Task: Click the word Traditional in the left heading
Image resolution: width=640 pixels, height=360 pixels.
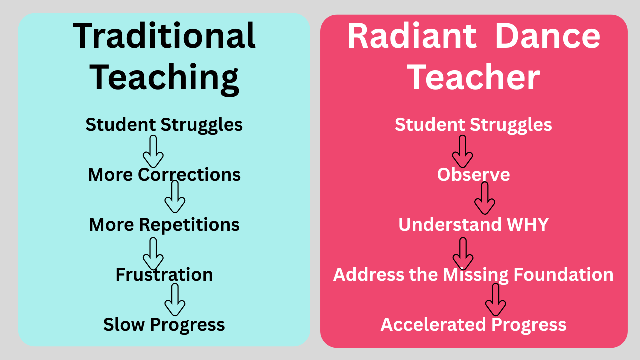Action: click(x=164, y=36)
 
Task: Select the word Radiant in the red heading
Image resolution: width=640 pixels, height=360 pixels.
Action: click(x=412, y=36)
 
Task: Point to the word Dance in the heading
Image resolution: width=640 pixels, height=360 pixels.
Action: click(x=547, y=36)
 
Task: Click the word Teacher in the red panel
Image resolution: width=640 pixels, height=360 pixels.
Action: click(x=473, y=77)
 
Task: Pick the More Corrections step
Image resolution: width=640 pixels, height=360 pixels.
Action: click(x=164, y=174)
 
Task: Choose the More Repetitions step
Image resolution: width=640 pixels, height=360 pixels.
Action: click(x=164, y=225)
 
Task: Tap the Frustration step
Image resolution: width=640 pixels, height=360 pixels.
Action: click(x=164, y=275)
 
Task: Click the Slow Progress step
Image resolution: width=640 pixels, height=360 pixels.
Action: click(x=164, y=325)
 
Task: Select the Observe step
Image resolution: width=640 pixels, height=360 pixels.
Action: click(x=473, y=174)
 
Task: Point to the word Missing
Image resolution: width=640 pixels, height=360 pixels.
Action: click(x=476, y=275)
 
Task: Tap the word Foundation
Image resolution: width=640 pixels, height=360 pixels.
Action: click(x=563, y=275)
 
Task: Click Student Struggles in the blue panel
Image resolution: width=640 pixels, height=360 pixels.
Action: click(x=164, y=125)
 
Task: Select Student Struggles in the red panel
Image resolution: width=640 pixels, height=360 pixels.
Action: click(x=473, y=125)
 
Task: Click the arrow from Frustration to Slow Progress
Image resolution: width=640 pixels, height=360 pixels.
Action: click(x=175, y=299)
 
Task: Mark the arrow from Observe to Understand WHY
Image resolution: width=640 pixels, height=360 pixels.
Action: click(x=485, y=198)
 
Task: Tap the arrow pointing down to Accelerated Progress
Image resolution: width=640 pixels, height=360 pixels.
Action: click(x=496, y=299)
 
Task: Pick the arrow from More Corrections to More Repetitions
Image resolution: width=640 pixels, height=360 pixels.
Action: click(x=175, y=197)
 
